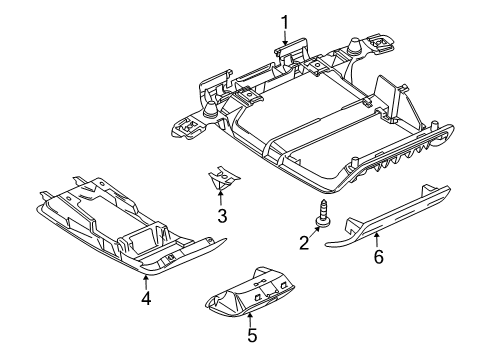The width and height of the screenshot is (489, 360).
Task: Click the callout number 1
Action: point(284,22)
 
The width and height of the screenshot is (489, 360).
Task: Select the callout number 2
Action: point(304,243)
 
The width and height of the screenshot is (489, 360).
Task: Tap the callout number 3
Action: point(222,216)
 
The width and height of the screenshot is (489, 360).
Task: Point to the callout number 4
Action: point(146,298)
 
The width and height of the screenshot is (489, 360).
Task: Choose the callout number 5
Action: point(252,335)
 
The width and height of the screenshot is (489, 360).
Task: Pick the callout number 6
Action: point(378,257)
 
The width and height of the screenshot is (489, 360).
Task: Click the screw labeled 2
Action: point(323,213)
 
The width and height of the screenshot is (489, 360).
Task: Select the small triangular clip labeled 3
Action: point(223,178)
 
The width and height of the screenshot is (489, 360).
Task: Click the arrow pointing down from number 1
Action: point(285,37)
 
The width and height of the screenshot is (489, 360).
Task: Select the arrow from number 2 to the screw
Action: point(314,232)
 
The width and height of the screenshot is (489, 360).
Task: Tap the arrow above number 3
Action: point(220,198)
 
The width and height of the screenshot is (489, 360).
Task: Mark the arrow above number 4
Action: point(145,282)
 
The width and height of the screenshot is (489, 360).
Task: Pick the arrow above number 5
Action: point(250,320)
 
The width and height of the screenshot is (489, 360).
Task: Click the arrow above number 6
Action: point(377,241)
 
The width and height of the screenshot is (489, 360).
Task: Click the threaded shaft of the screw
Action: point(323,208)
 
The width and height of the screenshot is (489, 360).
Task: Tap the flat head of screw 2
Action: point(323,223)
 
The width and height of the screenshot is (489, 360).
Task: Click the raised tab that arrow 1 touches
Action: point(292,46)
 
